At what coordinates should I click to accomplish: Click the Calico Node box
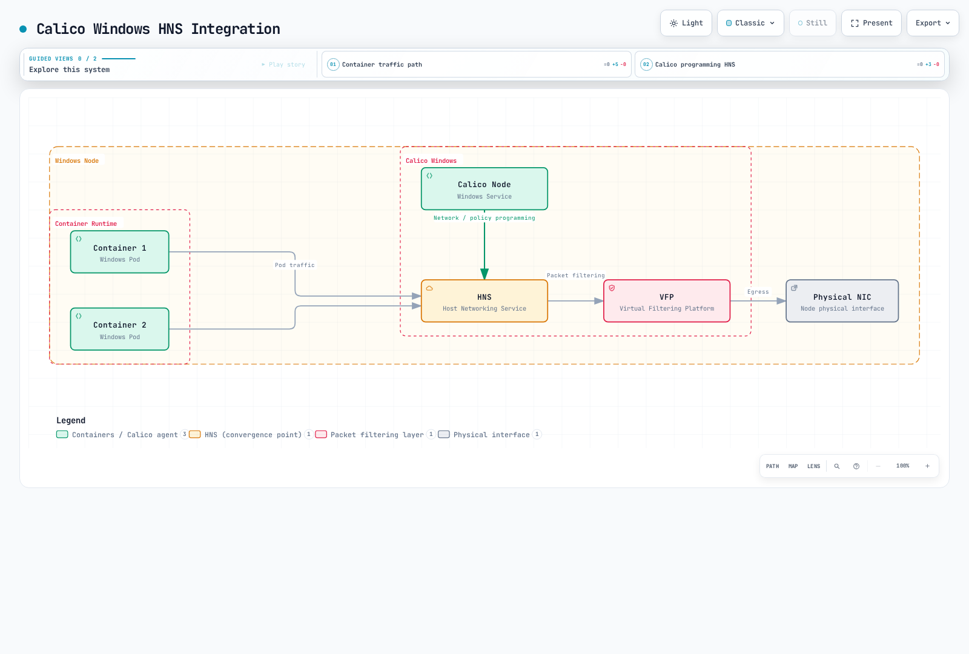click(484, 188)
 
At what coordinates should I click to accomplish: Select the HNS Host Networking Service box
click(484, 301)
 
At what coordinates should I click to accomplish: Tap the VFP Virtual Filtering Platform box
click(667, 301)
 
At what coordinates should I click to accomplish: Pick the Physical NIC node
click(842, 301)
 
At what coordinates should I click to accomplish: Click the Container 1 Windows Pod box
click(120, 252)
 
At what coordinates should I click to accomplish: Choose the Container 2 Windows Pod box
click(120, 329)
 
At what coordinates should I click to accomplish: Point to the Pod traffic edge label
click(294, 265)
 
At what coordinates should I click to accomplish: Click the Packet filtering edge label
click(575, 276)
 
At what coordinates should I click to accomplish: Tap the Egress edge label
click(758, 292)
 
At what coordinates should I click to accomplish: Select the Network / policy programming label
click(484, 218)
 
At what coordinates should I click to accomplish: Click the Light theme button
click(686, 23)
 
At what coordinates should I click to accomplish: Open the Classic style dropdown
click(750, 23)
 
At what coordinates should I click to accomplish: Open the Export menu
click(932, 23)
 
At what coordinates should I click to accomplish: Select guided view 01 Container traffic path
click(476, 64)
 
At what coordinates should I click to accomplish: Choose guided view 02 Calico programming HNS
click(789, 64)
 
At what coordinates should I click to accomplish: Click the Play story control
click(283, 64)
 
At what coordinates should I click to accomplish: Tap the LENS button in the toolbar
click(813, 466)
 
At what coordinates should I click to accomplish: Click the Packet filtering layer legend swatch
click(321, 434)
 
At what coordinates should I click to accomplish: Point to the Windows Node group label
click(76, 161)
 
